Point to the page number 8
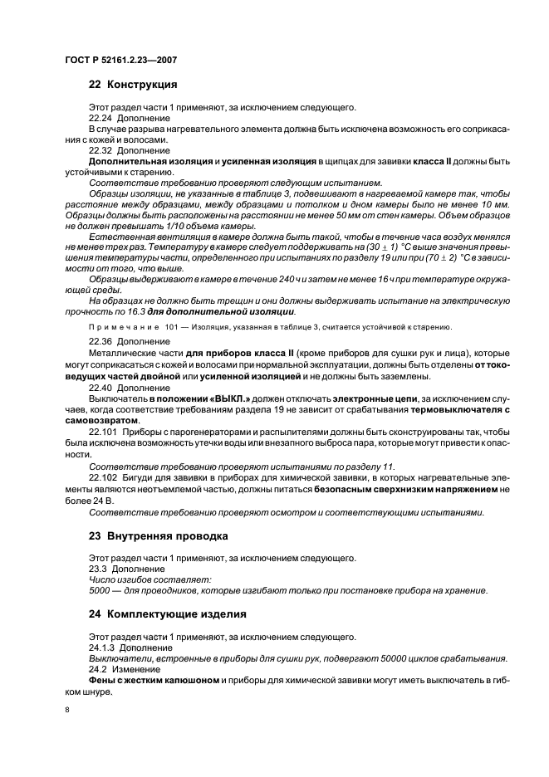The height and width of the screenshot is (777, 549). point(67,710)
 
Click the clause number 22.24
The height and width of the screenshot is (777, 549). point(100,119)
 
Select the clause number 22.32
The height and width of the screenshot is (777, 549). point(100,150)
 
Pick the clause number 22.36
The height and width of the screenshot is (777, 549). point(100,341)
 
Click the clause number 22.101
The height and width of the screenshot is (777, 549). point(102,432)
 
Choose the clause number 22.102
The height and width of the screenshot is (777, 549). point(102,479)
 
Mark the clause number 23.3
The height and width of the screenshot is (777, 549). point(97,569)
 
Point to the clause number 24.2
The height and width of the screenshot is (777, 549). point(97,669)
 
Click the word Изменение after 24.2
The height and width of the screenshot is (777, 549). point(135,669)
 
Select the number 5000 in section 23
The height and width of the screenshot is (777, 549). point(99,591)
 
